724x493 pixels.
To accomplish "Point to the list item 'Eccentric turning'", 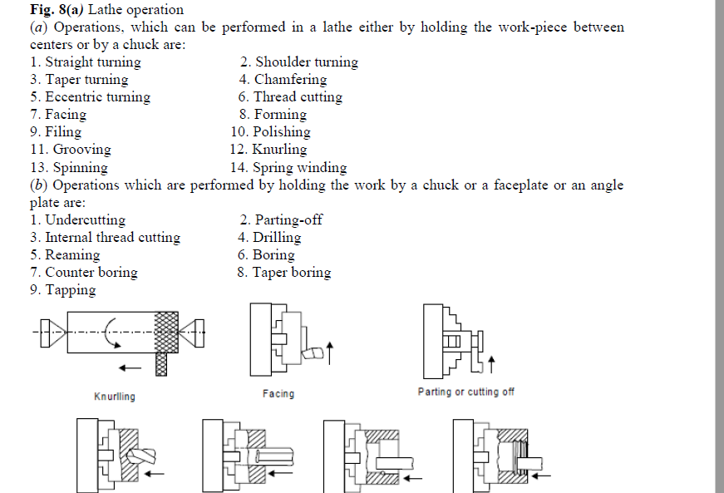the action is click(90, 97).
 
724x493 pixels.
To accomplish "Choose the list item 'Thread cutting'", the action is click(290, 97).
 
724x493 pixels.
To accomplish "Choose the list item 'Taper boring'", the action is click(283, 273).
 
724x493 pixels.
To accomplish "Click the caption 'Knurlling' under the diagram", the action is click(115, 397).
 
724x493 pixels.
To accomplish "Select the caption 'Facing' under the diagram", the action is click(278, 394).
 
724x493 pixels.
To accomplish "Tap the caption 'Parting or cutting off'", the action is click(465, 392).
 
